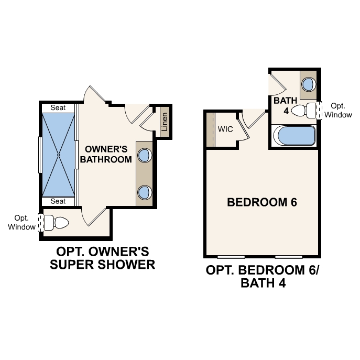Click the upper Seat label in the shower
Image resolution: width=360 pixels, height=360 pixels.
[x=58, y=107]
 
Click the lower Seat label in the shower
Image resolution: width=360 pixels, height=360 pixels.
[x=58, y=201]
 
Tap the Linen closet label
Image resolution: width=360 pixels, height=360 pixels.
[x=165, y=122]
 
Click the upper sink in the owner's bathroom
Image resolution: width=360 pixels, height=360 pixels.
[x=144, y=155]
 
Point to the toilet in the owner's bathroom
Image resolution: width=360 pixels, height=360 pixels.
[x=57, y=223]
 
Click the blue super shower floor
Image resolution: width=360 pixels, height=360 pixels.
[x=59, y=155]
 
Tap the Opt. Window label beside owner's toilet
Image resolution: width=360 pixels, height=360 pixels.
[x=21, y=222]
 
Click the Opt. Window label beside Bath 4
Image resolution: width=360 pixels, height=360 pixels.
[x=338, y=110]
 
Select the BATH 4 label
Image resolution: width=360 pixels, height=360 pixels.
[x=285, y=105]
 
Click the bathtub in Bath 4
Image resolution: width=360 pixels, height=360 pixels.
[x=294, y=136]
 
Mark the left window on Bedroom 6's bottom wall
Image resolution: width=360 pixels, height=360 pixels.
[x=231, y=257]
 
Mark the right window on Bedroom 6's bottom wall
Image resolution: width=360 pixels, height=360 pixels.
[x=289, y=257]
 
